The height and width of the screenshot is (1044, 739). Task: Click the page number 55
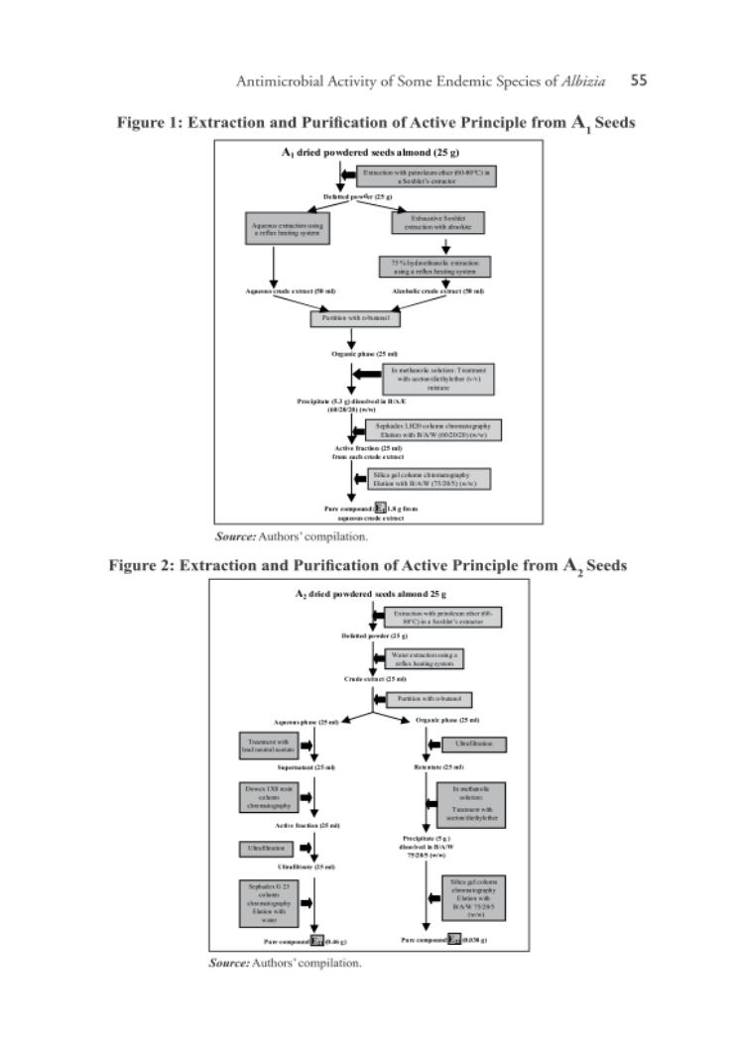point(639,81)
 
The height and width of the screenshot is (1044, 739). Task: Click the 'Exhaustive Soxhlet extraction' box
point(437,223)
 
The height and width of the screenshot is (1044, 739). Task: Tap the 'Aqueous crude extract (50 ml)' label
point(284,290)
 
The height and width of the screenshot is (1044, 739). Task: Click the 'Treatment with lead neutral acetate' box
point(263,746)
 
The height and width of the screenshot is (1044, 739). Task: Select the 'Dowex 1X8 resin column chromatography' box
point(263,796)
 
